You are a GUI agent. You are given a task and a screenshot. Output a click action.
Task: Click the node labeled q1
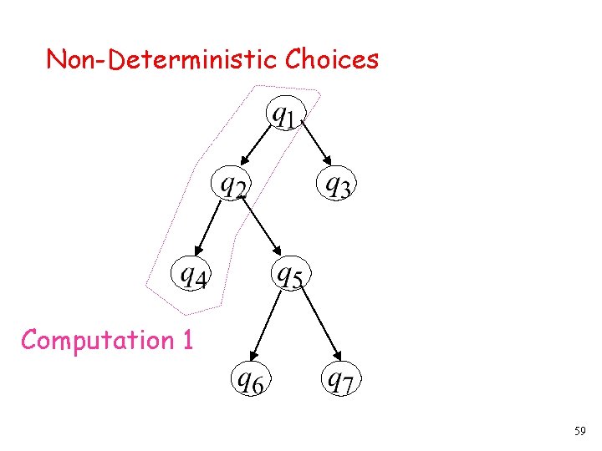(x=284, y=114)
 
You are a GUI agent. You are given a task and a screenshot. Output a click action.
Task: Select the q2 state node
(x=232, y=184)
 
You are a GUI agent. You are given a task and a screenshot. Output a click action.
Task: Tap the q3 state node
(x=337, y=185)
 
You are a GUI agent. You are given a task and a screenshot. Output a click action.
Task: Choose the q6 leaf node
(x=252, y=382)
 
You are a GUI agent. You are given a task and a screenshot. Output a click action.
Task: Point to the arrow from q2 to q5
(x=264, y=227)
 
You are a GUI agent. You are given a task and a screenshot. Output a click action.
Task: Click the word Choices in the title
(x=332, y=59)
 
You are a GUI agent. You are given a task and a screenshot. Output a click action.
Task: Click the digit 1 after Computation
(x=186, y=341)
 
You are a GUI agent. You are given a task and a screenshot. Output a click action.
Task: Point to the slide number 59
(x=579, y=432)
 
